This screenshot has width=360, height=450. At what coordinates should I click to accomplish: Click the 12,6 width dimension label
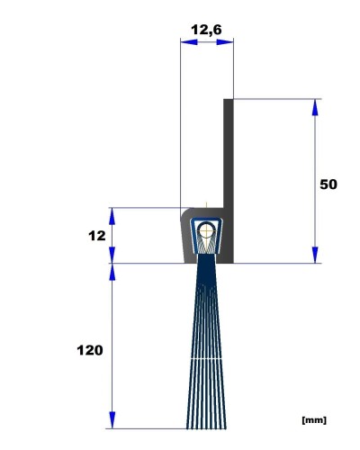click(206, 30)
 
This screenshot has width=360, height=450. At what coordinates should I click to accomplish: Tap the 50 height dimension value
click(328, 184)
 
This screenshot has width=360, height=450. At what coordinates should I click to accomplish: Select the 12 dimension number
click(97, 236)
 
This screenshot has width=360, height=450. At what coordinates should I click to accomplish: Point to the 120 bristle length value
click(90, 350)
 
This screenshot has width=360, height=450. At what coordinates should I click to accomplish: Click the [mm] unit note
click(314, 420)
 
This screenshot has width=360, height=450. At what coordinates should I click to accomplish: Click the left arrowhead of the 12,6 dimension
click(189, 42)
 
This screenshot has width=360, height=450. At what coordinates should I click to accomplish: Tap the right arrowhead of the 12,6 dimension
click(225, 42)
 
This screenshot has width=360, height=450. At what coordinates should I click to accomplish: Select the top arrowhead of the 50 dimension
click(315, 107)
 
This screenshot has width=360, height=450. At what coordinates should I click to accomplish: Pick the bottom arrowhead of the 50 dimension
click(315, 255)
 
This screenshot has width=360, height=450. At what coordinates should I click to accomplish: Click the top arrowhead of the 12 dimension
click(112, 216)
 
